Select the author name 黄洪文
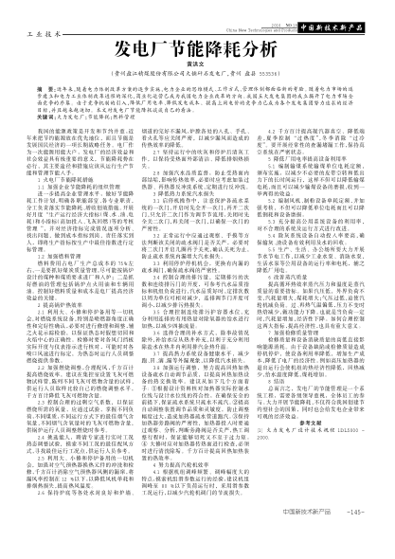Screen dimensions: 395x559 coord(197,65)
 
